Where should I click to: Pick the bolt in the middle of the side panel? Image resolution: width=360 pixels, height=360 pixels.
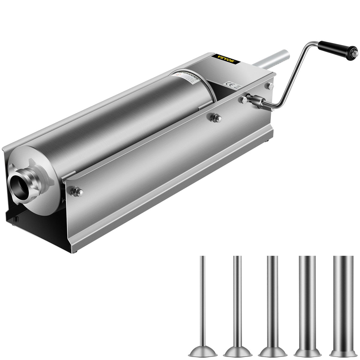click(x=215, y=118)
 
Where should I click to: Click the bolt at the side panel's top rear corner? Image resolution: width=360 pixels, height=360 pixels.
click(x=270, y=86)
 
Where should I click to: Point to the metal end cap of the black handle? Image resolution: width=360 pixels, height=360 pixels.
click(x=355, y=53)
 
